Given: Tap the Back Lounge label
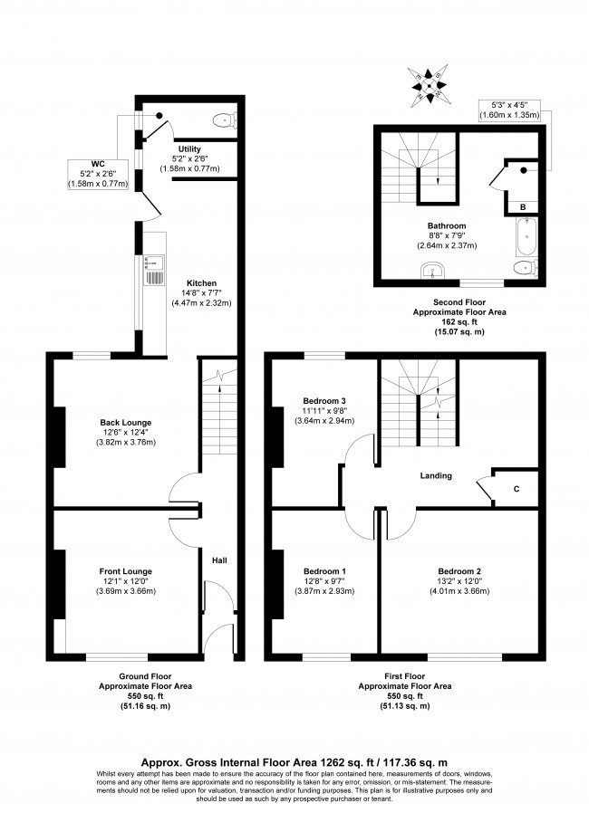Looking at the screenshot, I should pyautogui.click(x=125, y=422).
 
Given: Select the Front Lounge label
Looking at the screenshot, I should pyautogui.click(x=126, y=570).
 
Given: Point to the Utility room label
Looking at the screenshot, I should pyautogui.click(x=188, y=148).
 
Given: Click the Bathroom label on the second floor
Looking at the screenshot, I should pyautogui.click(x=447, y=225).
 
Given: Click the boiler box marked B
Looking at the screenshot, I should pyautogui.click(x=524, y=207).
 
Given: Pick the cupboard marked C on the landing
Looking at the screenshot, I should pyautogui.click(x=516, y=490).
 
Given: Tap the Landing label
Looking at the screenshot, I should pyautogui.click(x=436, y=475).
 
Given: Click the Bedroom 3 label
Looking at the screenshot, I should pyautogui.click(x=324, y=400).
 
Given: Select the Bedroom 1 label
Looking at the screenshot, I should pyautogui.click(x=324, y=571).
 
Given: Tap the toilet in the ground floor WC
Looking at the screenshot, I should pyautogui.click(x=222, y=120).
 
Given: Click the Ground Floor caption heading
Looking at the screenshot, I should pyautogui.click(x=147, y=676).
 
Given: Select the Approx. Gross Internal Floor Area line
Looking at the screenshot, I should pyautogui.click(x=294, y=762).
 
